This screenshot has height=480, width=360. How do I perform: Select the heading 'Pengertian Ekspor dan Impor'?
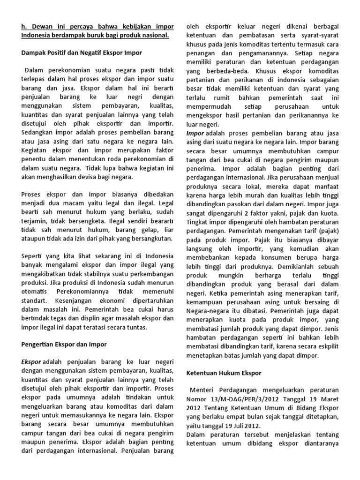65,344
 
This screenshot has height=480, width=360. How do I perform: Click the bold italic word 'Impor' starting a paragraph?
195,134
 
